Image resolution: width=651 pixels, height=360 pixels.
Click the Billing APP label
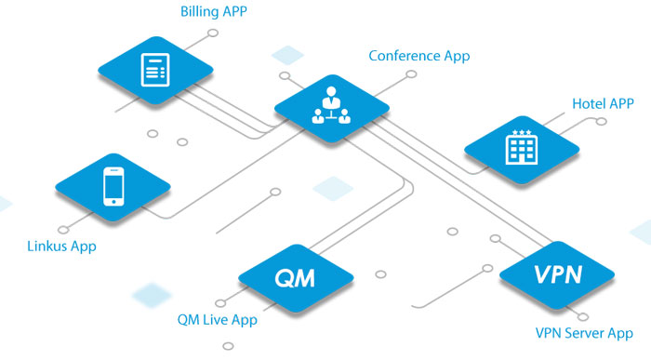[213, 11]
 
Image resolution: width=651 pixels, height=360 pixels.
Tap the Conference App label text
[419, 56]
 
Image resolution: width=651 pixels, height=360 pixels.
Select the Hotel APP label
[603, 103]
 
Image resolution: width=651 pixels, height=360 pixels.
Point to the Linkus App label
[62, 247]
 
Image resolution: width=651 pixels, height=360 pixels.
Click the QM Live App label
[217, 320]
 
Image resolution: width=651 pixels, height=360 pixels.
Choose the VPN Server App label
[584, 333]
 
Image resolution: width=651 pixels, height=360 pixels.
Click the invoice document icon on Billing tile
[155, 70]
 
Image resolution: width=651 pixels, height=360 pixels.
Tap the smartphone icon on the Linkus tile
[113, 186]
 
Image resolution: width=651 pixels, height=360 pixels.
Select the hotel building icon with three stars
[522, 147]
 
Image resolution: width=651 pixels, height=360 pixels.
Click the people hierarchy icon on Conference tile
[331, 105]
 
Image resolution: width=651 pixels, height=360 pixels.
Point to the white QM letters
[295, 278]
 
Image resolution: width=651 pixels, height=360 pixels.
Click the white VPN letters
[558, 274]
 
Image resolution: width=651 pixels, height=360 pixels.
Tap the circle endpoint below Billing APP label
[213, 33]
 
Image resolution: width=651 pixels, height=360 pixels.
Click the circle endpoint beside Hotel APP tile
[601, 121]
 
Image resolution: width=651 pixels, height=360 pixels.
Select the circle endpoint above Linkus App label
[63, 230]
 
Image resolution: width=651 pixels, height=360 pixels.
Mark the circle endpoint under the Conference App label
[411, 73]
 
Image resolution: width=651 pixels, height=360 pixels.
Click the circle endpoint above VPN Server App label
[583, 317]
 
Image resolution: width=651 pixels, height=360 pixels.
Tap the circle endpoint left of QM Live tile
[220, 302]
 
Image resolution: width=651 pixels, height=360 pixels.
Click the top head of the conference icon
[331, 91]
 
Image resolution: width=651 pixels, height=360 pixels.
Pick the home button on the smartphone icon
[113, 202]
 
